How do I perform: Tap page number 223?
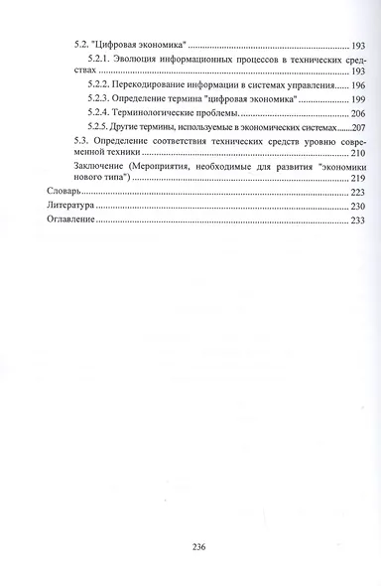point(358,192)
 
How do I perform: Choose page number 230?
point(358,206)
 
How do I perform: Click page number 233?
point(358,220)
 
